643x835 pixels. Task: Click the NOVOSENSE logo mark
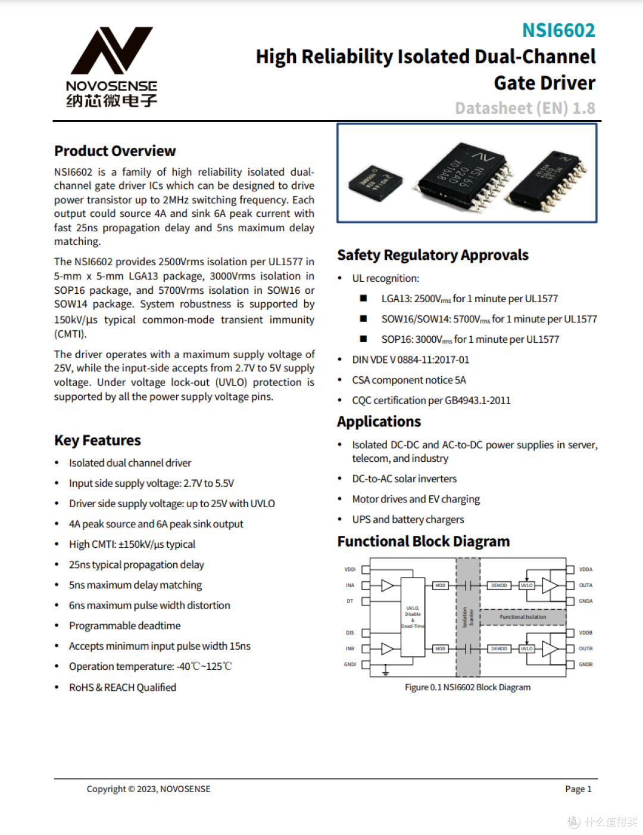(x=111, y=51)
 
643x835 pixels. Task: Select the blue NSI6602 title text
(x=558, y=30)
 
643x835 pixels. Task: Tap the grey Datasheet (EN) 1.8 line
(x=525, y=108)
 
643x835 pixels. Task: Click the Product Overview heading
(x=115, y=151)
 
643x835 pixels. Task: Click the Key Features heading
(x=98, y=440)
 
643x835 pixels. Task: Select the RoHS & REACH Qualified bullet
(x=123, y=687)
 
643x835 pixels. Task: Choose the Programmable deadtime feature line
(x=124, y=626)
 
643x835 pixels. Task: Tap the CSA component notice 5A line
(x=409, y=380)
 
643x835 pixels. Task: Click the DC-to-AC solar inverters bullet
(x=404, y=479)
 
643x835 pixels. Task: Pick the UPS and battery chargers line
(x=408, y=520)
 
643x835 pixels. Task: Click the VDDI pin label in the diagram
(x=350, y=570)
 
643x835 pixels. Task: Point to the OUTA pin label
(x=585, y=585)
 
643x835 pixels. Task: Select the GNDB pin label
(x=585, y=665)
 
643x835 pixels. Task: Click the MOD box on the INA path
(x=440, y=585)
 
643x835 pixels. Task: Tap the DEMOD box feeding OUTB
(x=499, y=648)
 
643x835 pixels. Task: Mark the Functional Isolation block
(x=523, y=617)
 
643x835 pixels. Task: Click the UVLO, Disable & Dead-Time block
(x=413, y=617)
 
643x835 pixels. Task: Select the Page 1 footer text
(x=578, y=789)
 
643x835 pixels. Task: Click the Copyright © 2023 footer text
(x=148, y=789)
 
